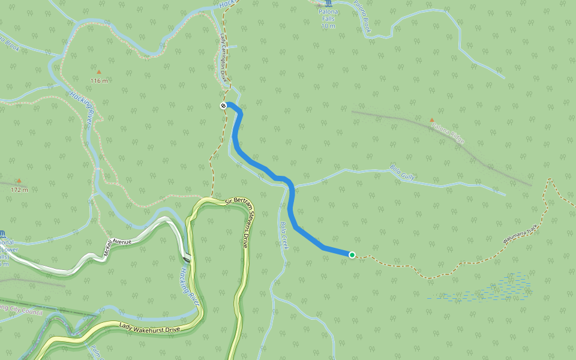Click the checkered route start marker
[x=223, y=106]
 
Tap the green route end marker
[x=352, y=255]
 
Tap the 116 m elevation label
[x=99, y=80]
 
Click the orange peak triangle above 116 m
[x=99, y=72]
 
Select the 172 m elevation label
[x=19, y=189]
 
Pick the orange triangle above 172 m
[x=19, y=181]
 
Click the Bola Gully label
[x=403, y=172]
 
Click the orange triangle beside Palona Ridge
[x=432, y=120]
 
